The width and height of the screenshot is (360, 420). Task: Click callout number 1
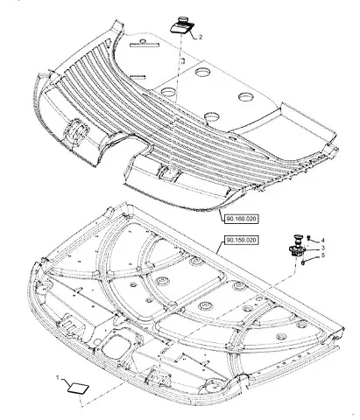pyautogui.click(x=58, y=378)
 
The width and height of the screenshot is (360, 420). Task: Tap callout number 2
pyautogui.click(x=201, y=37)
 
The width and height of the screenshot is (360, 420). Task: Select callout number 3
pyautogui.click(x=322, y=248)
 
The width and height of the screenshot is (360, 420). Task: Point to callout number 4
pyautogui.click(x=322, y=241)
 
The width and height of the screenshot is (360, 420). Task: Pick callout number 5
pyautogui.click(x=323, y=255)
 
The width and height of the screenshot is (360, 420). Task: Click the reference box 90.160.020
pyautogui.click(x=242, y=219)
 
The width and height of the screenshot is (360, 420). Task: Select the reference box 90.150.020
pyautogui.click(x=242, y=240)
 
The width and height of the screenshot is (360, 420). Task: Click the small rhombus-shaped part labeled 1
pyautogui.click(x=78, y=388)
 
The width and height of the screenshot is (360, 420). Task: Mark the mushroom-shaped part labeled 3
pyautogui.click(x=297, y=246)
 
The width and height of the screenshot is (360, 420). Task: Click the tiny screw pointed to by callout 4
pyautogui.click(x=308, y=238)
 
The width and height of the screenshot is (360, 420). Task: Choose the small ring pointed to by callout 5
pyautogui.click(x=303, y=262)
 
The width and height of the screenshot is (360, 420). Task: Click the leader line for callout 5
pyautogui.click(x=313, y=259)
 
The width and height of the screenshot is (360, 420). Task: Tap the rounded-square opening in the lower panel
pyautogui.click(x=116, y=346)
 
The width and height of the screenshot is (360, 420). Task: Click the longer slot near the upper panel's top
pyautogui.click(x=145, y=45)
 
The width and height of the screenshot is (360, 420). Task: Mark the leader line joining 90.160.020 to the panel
pyautogui.click(x=221, y=213)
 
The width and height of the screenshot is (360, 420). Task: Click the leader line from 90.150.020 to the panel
pyautogui.click(x=221, y=245)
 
